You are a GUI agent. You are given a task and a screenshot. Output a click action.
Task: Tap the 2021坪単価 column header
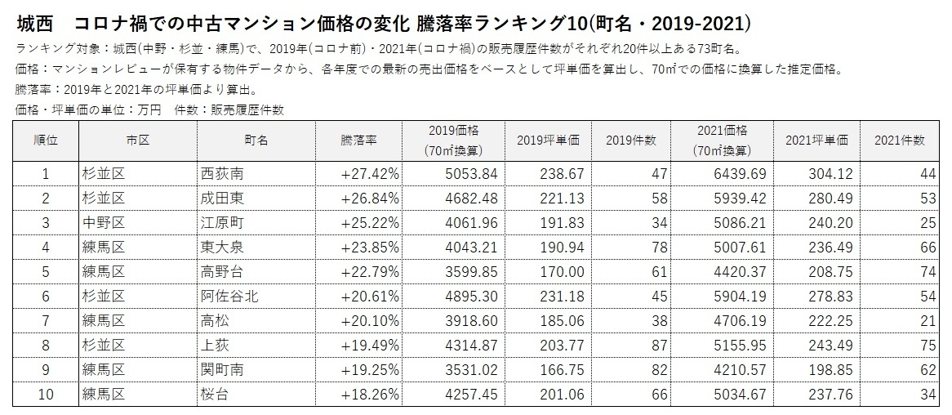pyautogui.click(x=816, y=141)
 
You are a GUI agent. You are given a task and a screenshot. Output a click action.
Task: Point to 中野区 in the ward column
pyautogui.click(x=102, y=222)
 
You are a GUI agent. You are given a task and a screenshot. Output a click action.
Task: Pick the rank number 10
pyautogui.click(x=46, y=394)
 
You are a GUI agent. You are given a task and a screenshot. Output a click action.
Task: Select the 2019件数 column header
pyautogui.click(x=631, y=141)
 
